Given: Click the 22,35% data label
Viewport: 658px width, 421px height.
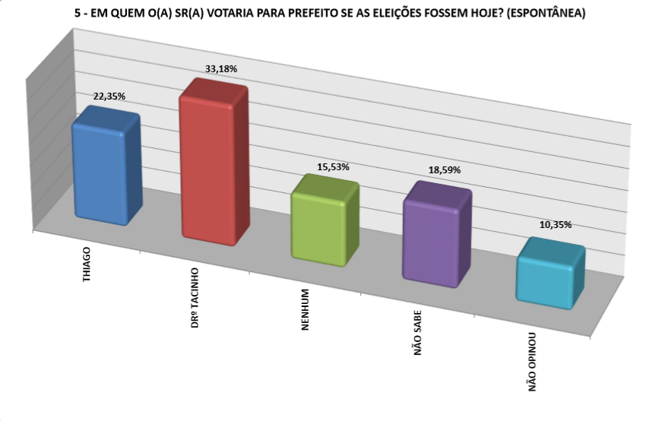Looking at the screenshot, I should coord(109,97).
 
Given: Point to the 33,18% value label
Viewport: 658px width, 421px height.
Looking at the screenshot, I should coord(221,69).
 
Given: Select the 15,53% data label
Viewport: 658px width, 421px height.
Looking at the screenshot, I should coord(333,166).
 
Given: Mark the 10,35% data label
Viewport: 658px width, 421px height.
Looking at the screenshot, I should coord(556,225).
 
